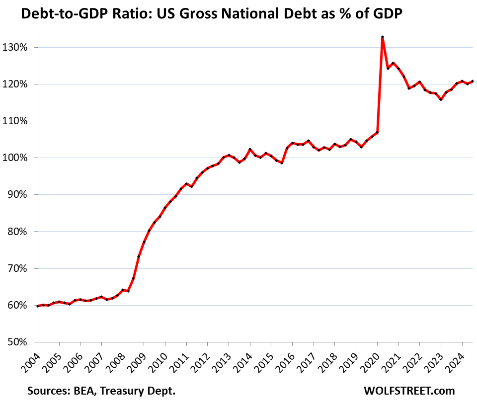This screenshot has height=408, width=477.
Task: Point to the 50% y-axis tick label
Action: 20,342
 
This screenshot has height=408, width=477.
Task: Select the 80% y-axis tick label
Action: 20,232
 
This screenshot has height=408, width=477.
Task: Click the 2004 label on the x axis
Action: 31,360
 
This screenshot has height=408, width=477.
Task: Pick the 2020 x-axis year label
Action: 371,360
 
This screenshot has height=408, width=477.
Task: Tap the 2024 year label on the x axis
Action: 456,360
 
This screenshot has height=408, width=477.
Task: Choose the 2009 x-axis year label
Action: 137,360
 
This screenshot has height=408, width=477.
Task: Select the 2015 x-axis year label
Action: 264,360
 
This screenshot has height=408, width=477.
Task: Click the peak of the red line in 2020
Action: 382,37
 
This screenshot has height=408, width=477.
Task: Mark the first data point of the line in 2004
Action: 38,306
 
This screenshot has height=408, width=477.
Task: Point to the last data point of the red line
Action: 472,81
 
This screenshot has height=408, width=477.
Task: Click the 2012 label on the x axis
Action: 201,360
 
